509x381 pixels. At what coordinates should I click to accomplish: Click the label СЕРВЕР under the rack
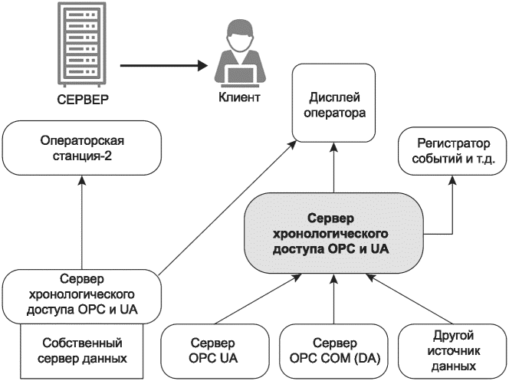pyautogui.click(x=80, y=100)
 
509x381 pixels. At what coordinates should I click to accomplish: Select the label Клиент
pyautogui.click(x=239, y=98)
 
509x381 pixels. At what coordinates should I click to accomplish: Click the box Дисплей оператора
pyautogui.click(x=334, y=104)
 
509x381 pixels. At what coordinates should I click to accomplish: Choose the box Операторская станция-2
pyautogui.click(x=81, y=149)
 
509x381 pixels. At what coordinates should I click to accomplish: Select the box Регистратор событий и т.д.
pyautogui.click(x=451, y=152)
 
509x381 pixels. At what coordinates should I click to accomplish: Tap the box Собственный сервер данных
pyautogui.click(x=81, y=350)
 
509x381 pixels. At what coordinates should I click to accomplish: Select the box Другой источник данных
pyautogui.click(x=453, y=350)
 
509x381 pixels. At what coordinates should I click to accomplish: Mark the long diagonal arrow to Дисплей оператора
pyautogui.click(x=230, y=207)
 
